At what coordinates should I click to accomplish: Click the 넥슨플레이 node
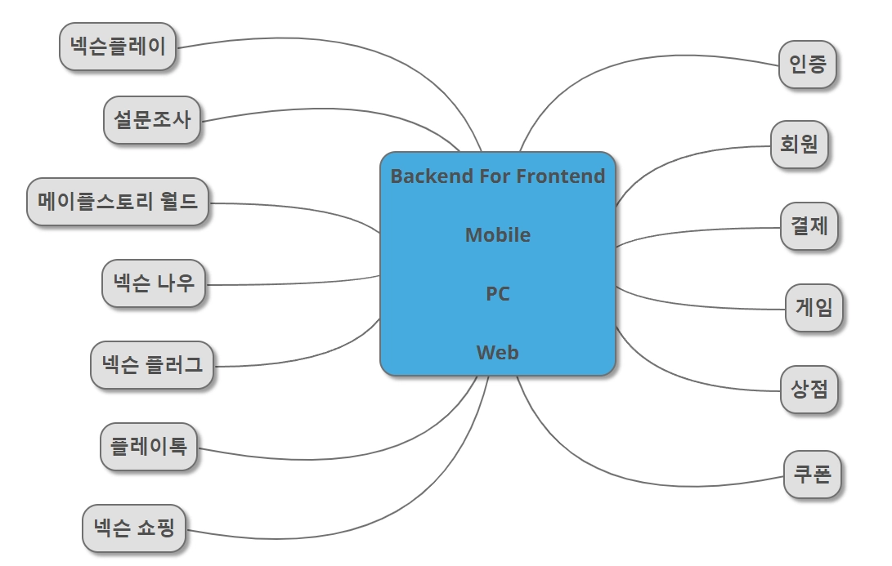click(119, 47)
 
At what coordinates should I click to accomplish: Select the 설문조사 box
click(152, 120)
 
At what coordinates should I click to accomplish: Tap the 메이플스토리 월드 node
click(118, 202)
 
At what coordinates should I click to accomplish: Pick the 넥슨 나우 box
click(154, 283)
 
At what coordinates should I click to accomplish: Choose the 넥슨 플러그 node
click(152, 365)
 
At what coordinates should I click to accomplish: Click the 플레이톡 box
click(149, 447)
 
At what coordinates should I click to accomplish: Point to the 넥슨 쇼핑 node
click(134, 528)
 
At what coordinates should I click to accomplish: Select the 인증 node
click(808, 65)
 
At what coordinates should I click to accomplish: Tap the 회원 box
click(800, 145)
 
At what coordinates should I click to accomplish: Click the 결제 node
click(809, 226)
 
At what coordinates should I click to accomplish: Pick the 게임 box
click(814, 308)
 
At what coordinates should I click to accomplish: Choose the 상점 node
click(809, 390)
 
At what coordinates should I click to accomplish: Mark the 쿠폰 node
click(812, 475)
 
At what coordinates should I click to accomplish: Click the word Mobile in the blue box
click(497, 235)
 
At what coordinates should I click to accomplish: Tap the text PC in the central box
click(497, 294)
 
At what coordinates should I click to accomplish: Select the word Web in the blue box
click(497, 353)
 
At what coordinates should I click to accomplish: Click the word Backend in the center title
click(426, 176)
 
